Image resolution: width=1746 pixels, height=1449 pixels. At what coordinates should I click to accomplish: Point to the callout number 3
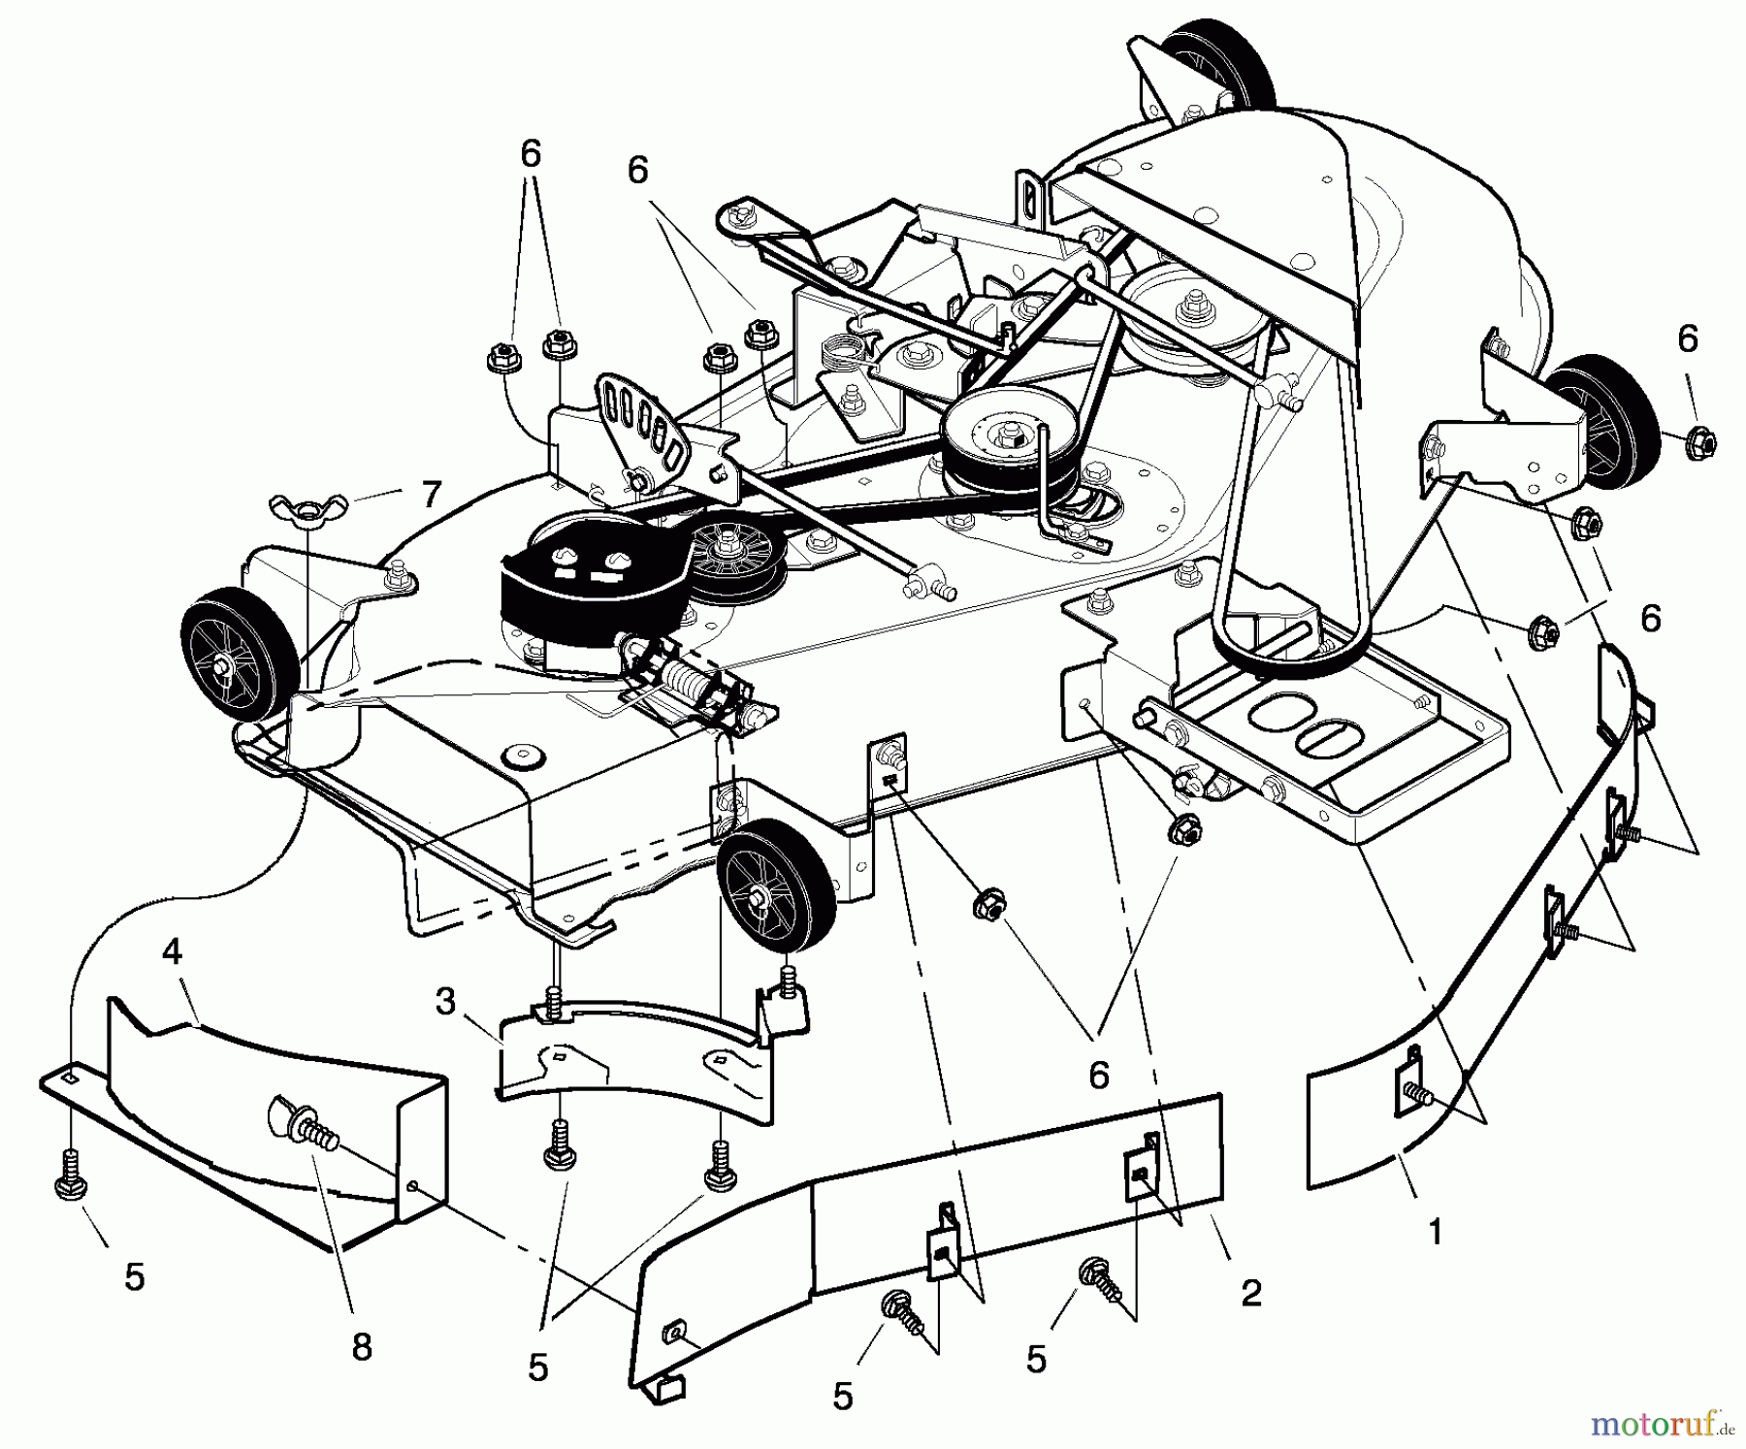coord(445,1001)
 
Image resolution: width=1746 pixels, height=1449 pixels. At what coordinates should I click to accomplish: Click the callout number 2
coord(1250,1292)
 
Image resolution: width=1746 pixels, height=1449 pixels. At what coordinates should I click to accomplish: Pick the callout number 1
coord(1435,1232)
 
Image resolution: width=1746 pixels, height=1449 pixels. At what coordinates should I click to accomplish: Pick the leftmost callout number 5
coord(135,1276)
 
